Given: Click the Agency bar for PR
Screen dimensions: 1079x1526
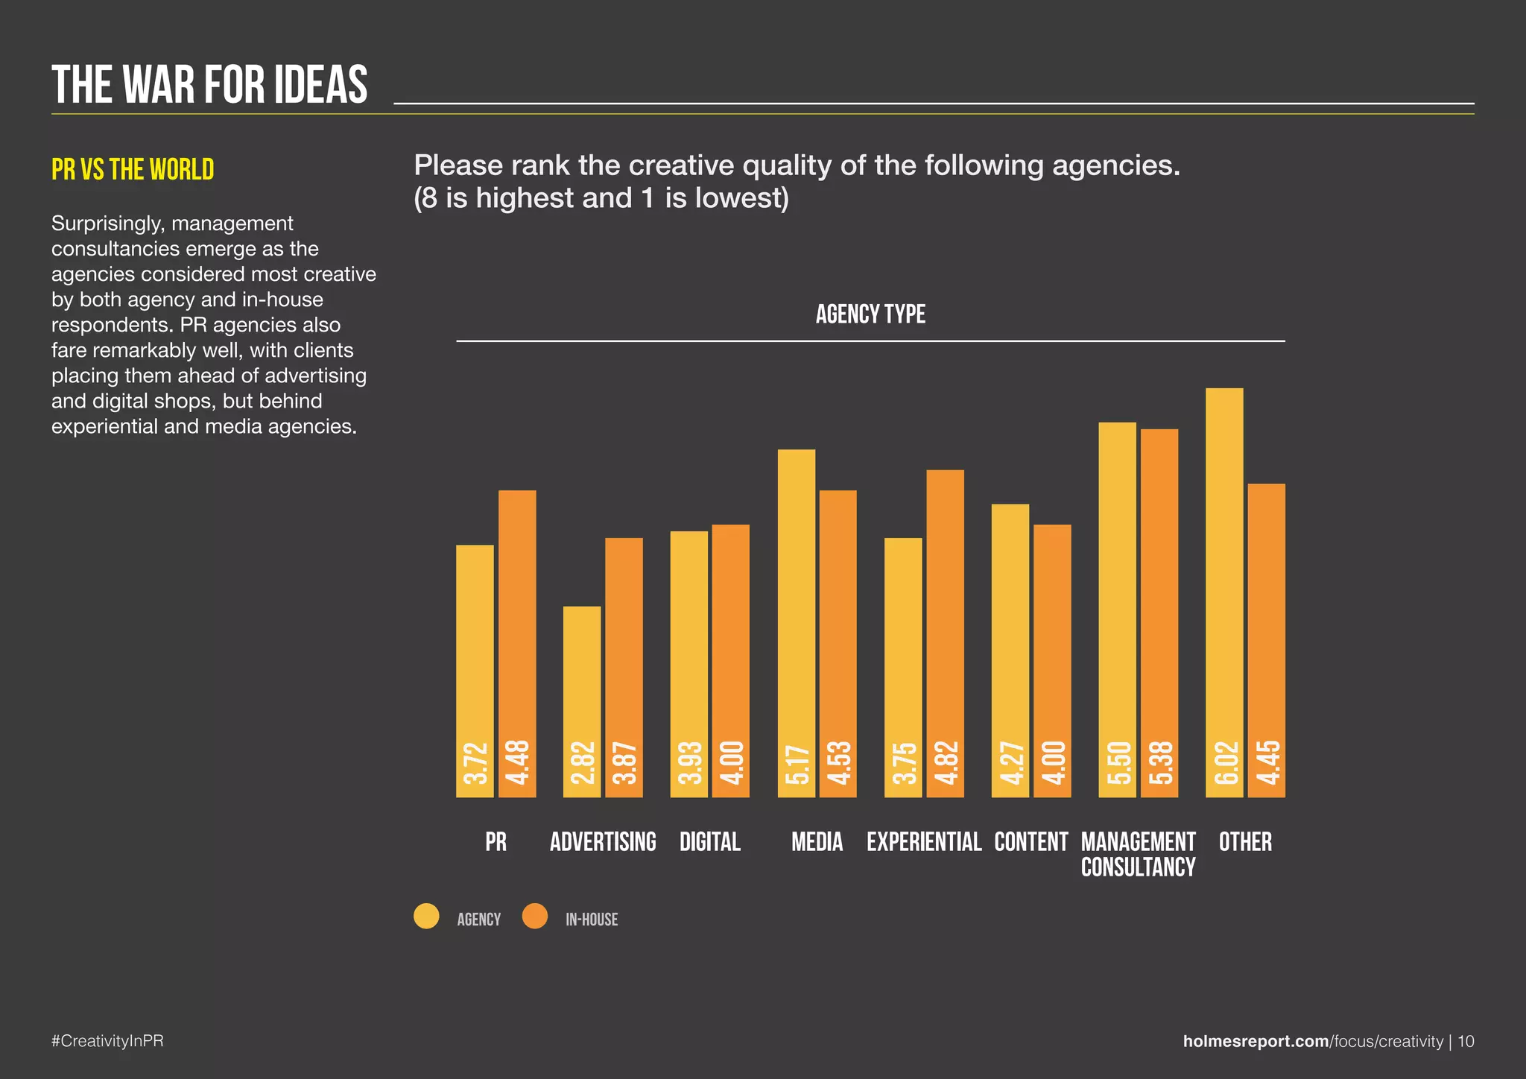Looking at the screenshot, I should [x=475, y=656].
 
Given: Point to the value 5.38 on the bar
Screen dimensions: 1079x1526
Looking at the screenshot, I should [x=1160, y=763].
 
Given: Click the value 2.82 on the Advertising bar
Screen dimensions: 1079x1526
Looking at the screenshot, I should [x=582, y=763].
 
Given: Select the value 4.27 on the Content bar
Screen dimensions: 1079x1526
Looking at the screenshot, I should [x=1010, y=763].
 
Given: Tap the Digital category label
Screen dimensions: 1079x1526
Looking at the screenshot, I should [x=709, y=842].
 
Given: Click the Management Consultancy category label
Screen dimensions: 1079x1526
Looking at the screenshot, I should [x=1138, y=854].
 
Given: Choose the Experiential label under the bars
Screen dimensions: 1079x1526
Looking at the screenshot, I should [x=924, y=842].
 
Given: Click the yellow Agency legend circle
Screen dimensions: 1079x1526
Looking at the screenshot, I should [x=426, y=916].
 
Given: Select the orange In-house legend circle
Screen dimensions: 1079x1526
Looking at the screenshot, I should [x=535, y=916].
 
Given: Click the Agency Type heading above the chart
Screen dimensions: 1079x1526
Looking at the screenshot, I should [x=870, y=314].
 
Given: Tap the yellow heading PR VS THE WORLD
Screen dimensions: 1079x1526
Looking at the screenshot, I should [x=133, y=170].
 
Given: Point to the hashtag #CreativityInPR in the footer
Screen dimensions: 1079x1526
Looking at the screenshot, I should [x=107, y=1041].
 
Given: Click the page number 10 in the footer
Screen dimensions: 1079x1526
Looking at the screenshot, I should [x=1466, y=1041].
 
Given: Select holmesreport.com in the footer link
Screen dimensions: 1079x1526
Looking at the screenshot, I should [x=1256, y=1041].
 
